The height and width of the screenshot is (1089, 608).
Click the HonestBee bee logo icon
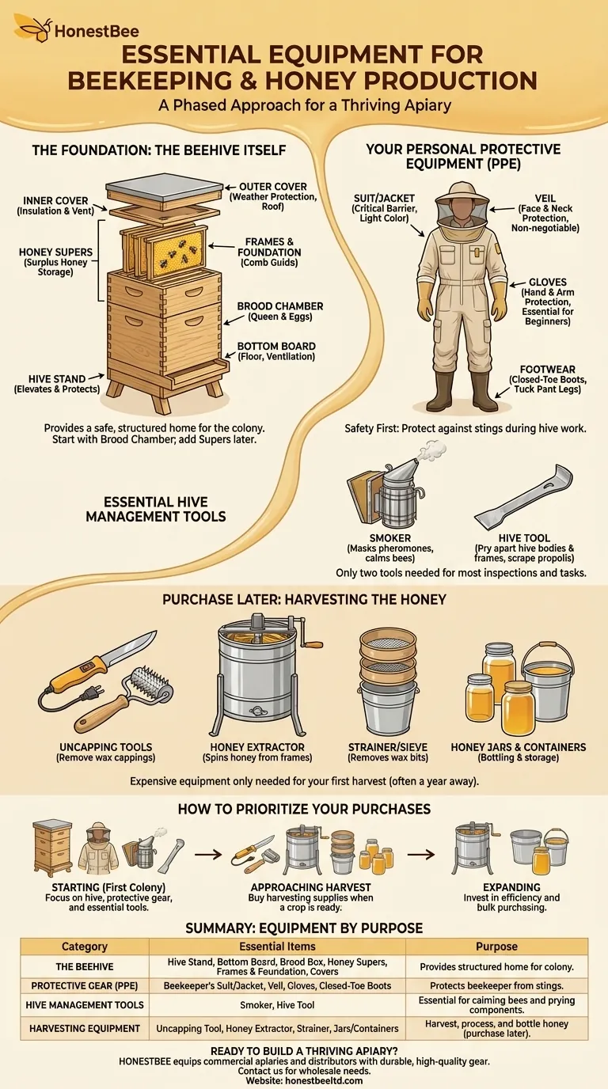pyautogui.click(x=33, y=28)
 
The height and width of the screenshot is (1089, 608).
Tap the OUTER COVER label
pyautogui.click(x=273, y=187)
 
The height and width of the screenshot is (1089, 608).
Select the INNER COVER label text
pyautogui.click(x=55, y=201)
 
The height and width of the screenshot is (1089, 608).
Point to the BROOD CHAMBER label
pyautogui.click(x=280, y=306)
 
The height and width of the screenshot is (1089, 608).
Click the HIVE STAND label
pyautogui.click(x=57, y=379)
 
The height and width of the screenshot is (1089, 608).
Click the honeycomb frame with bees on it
pyautogui.click(x=176, y=252)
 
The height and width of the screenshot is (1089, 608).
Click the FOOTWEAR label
pyautogui.click(x=548, y=370)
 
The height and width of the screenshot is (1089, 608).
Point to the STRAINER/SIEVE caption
pyautogui.click(x=388, y=747)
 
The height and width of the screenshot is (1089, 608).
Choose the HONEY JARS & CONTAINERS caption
pyautogui.click(x=519, y=747)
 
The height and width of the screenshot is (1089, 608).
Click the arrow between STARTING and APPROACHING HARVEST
pyautogui.click(x=208, y=854)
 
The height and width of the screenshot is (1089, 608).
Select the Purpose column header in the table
pyautogui.click(x=496, y=947)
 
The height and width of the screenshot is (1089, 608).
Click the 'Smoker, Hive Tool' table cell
pyautogui.click(x=277, y=1005)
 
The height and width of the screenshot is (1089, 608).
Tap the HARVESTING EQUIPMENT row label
pyautogui.click(x=85, y=1028)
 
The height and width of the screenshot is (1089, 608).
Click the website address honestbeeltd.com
pyautogui.click(x=325, y=1081)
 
